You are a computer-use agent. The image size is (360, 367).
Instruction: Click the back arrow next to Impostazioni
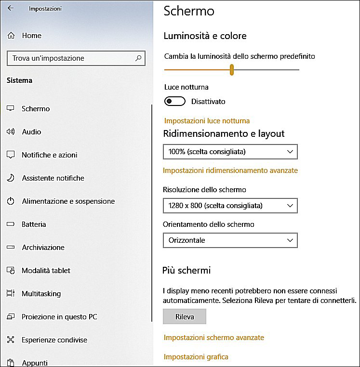(x=10, y=8)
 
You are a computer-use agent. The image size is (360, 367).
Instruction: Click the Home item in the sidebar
(x=31, y=36)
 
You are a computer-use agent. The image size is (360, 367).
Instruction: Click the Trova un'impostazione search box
(x=70, y=58)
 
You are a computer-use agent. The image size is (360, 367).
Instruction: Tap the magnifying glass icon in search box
(x=138, y=58)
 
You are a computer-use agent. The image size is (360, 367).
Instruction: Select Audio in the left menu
(x=31, y=132)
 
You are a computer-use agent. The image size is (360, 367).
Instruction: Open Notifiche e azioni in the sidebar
(x=49, y=155)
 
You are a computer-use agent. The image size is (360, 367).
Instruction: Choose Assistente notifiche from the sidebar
(x=53, y=178)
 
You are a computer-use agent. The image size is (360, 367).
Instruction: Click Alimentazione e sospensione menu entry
(x=68, y=201)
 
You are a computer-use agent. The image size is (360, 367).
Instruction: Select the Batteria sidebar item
(x=34, y=224)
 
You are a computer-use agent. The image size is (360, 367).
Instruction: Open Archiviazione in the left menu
(x=43, y=248)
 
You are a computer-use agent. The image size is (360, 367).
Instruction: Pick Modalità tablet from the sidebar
(x=46, y=271)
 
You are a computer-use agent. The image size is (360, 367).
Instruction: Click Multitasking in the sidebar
(x=41, y=294)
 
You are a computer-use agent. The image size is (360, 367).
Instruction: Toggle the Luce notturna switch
(x=175, y=101)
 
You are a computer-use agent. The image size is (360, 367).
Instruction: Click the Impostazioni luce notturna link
(x=207, y=121)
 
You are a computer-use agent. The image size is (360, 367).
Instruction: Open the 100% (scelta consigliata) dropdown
(x=230, y=152)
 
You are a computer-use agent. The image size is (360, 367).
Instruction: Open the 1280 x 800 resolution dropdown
(x=230, y=206)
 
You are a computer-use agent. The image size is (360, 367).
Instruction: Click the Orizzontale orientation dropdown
(x=230, y=240)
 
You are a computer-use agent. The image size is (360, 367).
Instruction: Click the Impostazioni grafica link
(x=196, y=357)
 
